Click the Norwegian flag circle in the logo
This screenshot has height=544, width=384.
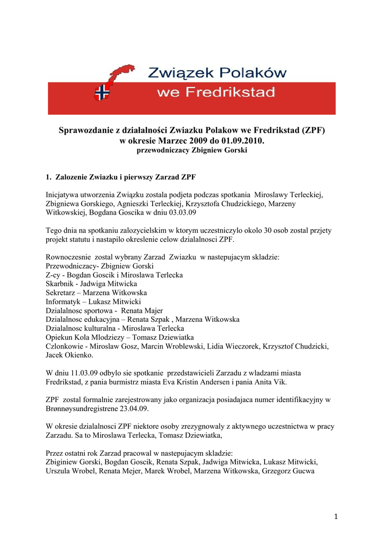click(x=101, y=93)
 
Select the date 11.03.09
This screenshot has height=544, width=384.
click(x=80, y=373)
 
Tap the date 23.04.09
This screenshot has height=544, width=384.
click(x=134, y=409)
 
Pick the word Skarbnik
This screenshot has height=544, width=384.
click(x=59, y=284)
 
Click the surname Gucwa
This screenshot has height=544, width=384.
click(x=302, y=471)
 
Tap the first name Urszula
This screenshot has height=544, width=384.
click(x=59, y=471)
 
